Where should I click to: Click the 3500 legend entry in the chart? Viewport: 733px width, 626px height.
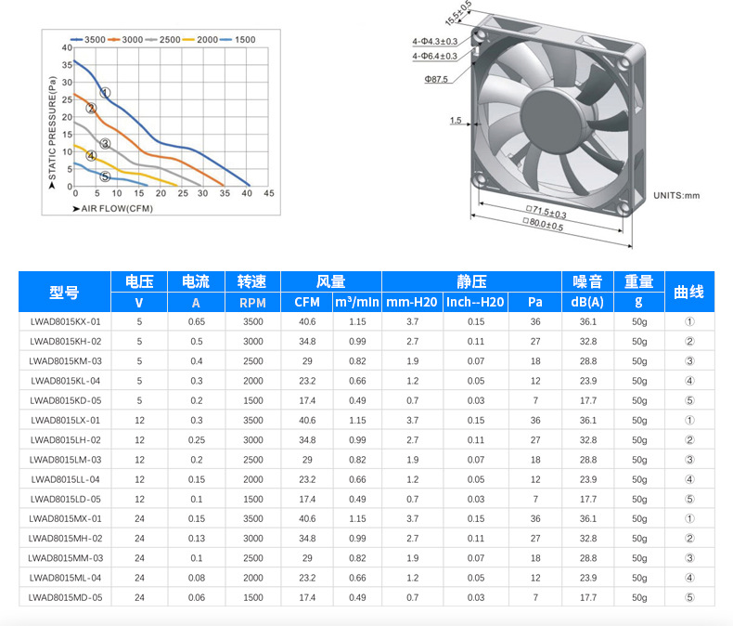[88, 40]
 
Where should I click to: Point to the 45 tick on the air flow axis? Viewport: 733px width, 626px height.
[269, 193]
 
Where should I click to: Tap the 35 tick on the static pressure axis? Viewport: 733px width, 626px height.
[68, 65]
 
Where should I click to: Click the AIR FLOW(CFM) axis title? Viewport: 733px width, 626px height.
[113, 209]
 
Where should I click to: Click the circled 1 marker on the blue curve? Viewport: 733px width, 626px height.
[105, 93]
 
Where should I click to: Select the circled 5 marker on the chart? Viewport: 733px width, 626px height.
[105, 176]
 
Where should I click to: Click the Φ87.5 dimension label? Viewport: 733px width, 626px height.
[436, 79]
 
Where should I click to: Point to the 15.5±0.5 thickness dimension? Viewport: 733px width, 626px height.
[458, 13]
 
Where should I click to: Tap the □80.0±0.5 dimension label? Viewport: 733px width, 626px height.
[543, 225]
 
